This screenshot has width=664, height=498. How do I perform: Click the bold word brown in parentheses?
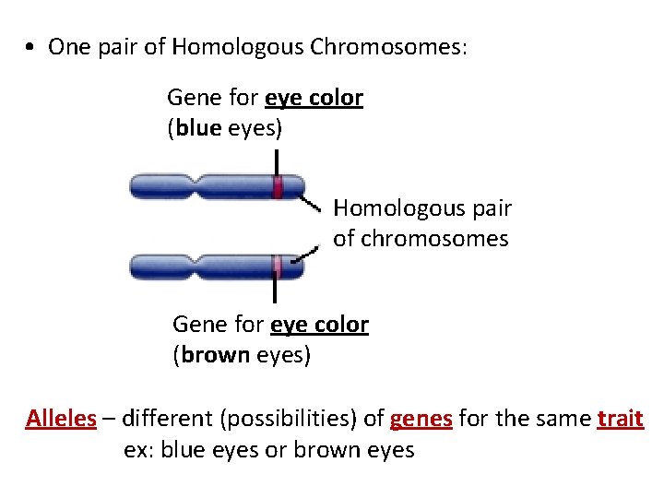coord(216,354)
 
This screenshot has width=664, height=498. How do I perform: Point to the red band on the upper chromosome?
coord(277,187)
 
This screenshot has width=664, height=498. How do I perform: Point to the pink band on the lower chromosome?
coord(276,267)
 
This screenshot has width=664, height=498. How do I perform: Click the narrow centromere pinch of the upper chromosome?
coord(194,187)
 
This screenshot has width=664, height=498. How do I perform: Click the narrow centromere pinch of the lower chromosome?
coord(194,267)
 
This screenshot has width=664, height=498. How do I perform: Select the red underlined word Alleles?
coord(61,419)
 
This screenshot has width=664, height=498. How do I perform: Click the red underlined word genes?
coord(421,419)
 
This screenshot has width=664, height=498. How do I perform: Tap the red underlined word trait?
coord(620,419)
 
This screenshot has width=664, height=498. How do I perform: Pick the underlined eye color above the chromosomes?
coord(314,98)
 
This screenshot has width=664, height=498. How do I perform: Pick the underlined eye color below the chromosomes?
coord(319,325)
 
